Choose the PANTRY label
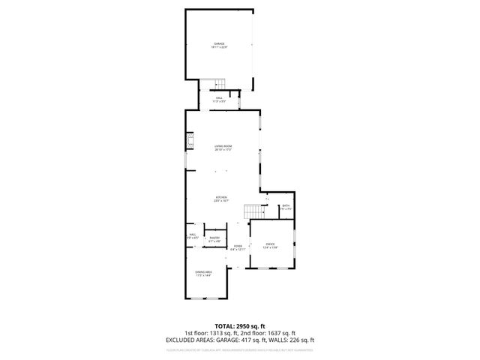coord(214,238)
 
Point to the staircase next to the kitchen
coord(253,211)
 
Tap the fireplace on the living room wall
coord(190,143)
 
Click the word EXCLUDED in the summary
coord(181,340)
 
